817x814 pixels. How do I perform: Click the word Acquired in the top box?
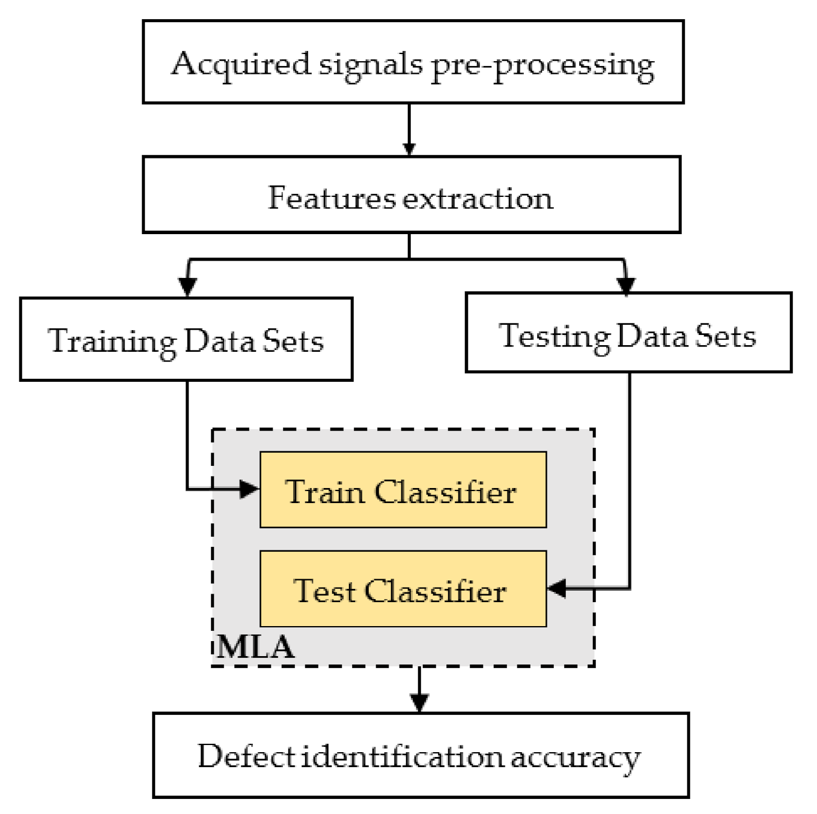tap(240, 64)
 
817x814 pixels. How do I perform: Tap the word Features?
tap(332, 197)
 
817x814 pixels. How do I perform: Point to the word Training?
tap(112, 341)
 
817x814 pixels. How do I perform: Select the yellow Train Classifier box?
tap(402, 490)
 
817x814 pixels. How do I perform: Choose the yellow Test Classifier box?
tap(402, 589)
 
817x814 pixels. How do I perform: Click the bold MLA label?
tap(256, 647)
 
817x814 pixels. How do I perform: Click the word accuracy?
tap(575, 757)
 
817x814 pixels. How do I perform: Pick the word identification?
tap(402, 756)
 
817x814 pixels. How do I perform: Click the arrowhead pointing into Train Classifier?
tap(249, 489)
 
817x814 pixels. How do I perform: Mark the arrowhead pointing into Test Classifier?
tap(557, 588)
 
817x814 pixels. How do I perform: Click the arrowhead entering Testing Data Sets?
tap(626, 285)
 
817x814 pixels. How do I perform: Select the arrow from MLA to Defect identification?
tap(419, 690)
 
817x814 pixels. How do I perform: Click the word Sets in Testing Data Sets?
tap(725, 336)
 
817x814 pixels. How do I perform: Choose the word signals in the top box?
tap(370, 64)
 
